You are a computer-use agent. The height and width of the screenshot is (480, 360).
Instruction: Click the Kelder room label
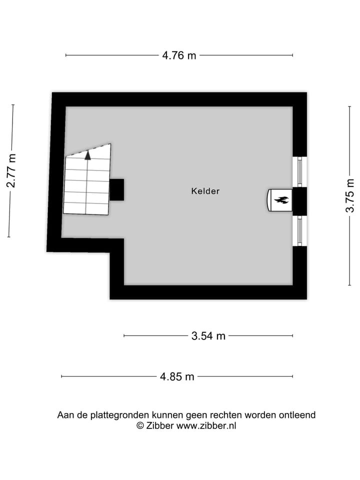click(205, 191)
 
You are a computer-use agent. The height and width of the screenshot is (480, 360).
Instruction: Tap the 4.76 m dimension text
click(179, 55)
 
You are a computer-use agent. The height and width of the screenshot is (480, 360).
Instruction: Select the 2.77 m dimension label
click(11, 171)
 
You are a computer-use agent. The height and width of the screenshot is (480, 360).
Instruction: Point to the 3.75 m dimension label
click(350, 195)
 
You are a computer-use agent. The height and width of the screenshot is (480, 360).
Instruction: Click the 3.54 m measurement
click(208, 336)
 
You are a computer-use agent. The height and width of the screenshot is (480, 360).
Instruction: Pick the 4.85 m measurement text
click(177, 376)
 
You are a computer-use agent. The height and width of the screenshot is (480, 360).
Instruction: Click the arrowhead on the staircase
click(88, 155)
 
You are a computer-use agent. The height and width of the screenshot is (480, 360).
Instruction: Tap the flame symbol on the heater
click(281, 200)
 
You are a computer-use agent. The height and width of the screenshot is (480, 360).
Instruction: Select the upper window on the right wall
click(299, 171)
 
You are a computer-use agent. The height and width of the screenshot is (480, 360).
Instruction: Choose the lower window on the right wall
click(299, 230)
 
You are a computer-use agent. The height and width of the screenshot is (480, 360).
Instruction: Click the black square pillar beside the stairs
click(116, 189)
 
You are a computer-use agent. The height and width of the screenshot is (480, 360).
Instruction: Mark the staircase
click(87, 182)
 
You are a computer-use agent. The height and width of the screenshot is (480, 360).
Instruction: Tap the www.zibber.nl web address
click(206, 425)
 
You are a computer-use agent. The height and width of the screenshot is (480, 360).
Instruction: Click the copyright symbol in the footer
click(140, 425)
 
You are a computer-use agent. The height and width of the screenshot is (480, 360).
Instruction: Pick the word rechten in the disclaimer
click(225, 415)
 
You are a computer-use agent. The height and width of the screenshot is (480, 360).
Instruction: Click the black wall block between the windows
click(299, 201)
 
